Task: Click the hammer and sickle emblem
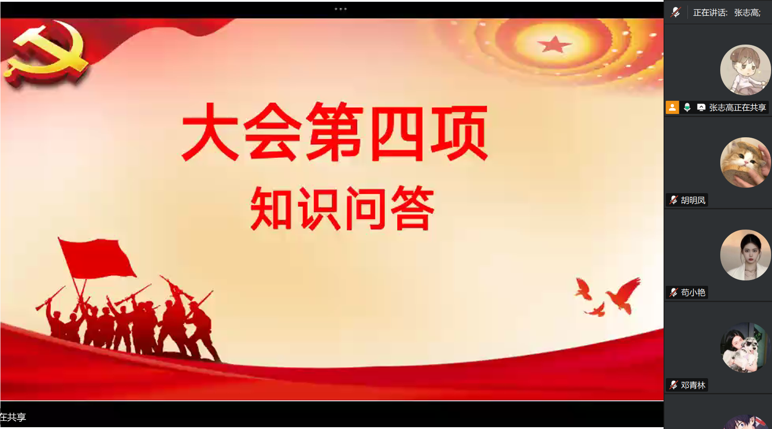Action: tap(45, 56)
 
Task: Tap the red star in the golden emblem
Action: tap(554, 45)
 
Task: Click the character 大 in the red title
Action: tap(210, 131)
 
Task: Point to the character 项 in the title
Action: tap(459, 133)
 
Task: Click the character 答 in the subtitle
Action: tap(412, 208)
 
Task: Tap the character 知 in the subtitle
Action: tap(271, 208)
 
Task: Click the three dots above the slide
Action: tap(341, 9)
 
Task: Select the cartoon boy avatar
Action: tap(745, 70)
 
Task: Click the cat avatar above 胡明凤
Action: tap(745, 163)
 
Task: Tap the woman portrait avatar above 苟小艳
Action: tap(745, 255)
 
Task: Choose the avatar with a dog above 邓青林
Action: tap(745, 348)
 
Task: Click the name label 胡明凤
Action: tap(693, 200)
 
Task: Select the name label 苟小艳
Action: tap(693, 293)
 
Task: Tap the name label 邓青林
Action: tap(693, 385)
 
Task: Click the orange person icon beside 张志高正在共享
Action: tap(672, 108)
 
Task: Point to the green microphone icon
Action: tap(687, 108)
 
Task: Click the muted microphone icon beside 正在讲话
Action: tap(675, 13)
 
